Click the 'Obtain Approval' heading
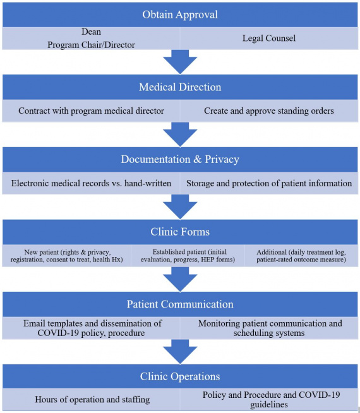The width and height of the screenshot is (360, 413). (x=180, y=15)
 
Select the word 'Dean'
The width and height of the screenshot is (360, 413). (x=91, y=32)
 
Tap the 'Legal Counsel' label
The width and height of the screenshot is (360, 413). (x=269, y=38)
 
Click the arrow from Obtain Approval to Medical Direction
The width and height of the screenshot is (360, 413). (x=180, y=62)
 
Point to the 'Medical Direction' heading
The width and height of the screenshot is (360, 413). (x=180, y=87)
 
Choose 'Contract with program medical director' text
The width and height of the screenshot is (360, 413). (x=91, y=111)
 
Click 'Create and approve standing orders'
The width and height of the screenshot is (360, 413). (x=269, y=111)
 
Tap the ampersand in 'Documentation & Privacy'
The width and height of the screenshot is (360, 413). (x=197, y=159)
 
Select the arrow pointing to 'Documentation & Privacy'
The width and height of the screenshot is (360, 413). (x=180, y=135)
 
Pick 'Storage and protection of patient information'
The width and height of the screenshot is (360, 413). (x=269, y=183)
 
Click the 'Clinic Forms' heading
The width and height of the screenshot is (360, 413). (x=180, y=232)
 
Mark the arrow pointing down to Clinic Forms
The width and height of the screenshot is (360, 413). (x=180, y=206)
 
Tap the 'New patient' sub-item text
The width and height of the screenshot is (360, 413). (x=66, y=256)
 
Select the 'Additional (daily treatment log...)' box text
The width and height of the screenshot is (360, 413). (x=301, y=256)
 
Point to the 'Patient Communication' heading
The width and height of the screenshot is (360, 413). (x=180, y=304)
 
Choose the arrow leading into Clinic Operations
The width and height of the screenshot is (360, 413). (x=180, y=352)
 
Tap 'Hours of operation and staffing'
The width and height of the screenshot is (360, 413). (x=92, y=400)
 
